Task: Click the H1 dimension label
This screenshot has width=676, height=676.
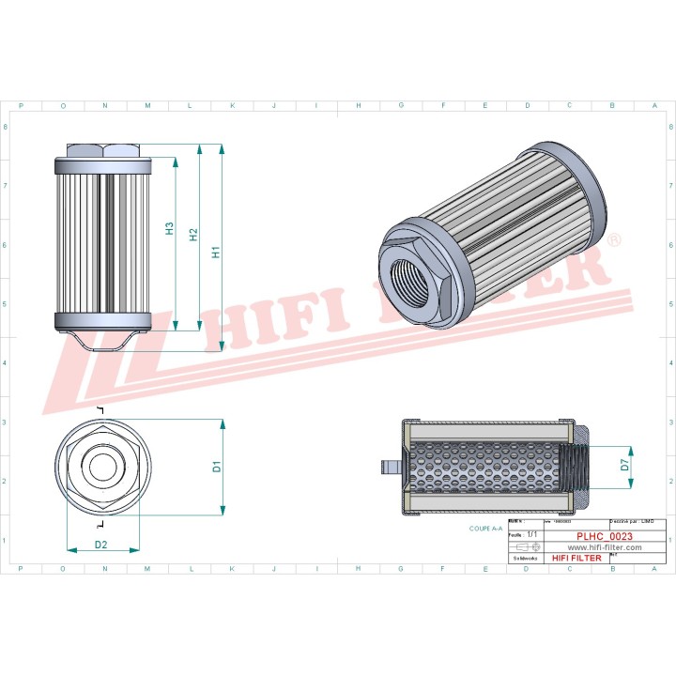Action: pos(215,253)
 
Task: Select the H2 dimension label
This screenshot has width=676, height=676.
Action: pos(193,236)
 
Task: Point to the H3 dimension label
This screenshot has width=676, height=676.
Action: pos(169,228)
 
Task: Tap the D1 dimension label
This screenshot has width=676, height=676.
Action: pos(216,466)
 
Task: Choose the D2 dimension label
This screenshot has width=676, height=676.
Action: pos(101,545)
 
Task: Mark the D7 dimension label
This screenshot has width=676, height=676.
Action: pos(625,463)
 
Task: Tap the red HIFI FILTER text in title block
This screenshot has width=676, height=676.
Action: pos(576,558)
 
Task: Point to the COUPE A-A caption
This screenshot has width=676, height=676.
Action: pos(486,529)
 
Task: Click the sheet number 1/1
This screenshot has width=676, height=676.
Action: pos(532,533)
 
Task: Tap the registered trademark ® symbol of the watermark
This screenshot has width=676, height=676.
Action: pos(614,241)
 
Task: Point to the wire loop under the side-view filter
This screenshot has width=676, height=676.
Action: pos(103,343)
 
